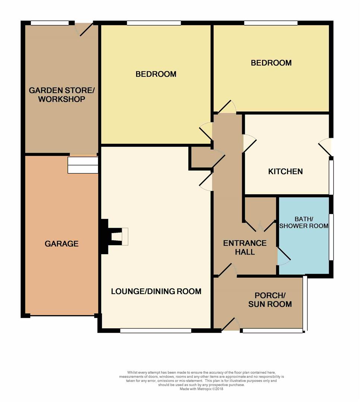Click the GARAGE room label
(61, 243)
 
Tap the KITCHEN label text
(285, 172)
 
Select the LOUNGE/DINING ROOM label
(156, 291)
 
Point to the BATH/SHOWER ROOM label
(304, 222)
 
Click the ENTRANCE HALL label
(245, 248)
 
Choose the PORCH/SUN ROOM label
(270, 300)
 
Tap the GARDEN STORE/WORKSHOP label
(61, 95)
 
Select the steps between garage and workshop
(83, 165)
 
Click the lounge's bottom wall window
(156, 331)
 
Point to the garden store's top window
(50, 23)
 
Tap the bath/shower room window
(331, 237)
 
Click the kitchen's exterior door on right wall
(325, 147)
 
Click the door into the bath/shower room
(284, 256)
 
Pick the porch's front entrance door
(231, 324)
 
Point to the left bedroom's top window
(154, 23)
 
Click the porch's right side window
(305, 304)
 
